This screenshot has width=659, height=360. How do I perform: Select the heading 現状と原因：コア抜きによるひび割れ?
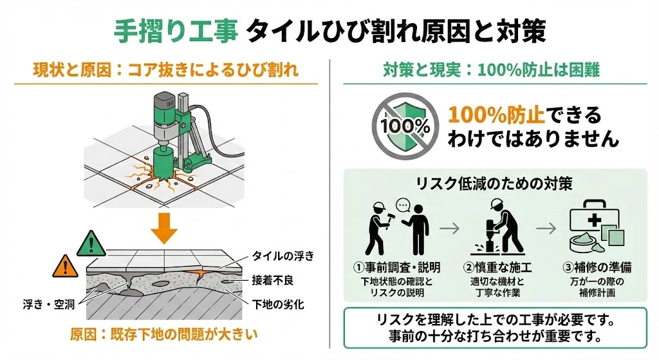166,70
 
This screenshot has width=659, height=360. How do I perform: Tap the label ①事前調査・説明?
397,267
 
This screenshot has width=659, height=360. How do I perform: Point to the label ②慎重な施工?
493,267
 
